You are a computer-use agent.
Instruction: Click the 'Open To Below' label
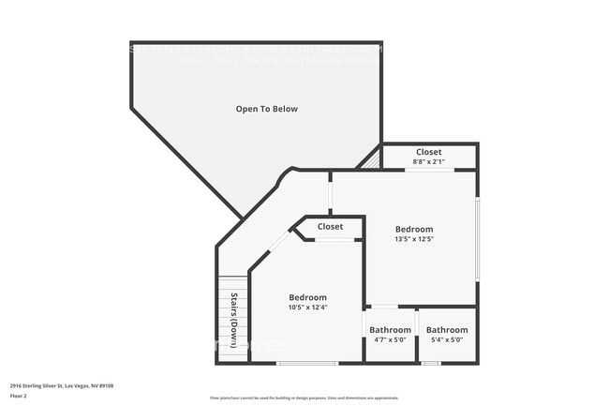[x=266, y=109]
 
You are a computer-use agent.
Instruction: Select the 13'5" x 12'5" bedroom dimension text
[x=413, y=239]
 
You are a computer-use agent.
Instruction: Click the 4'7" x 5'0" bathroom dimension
[x=389, y=340]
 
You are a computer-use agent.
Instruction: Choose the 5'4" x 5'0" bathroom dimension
[x=446, y=340]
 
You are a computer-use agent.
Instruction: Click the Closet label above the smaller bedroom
[x=330, y=227]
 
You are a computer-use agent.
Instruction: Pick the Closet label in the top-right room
[x=429, y=152]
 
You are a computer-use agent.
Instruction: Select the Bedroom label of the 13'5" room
[x=413, y=229]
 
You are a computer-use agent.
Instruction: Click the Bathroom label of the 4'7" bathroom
[x=390, y=330]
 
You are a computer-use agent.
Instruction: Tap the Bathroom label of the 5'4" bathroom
[x=447, y=330]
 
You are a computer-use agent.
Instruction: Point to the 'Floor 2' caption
[x=20, y=395]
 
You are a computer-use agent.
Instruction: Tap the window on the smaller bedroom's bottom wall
[x=306, y=363]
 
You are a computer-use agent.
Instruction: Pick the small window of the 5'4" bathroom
[x=431, y=363]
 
